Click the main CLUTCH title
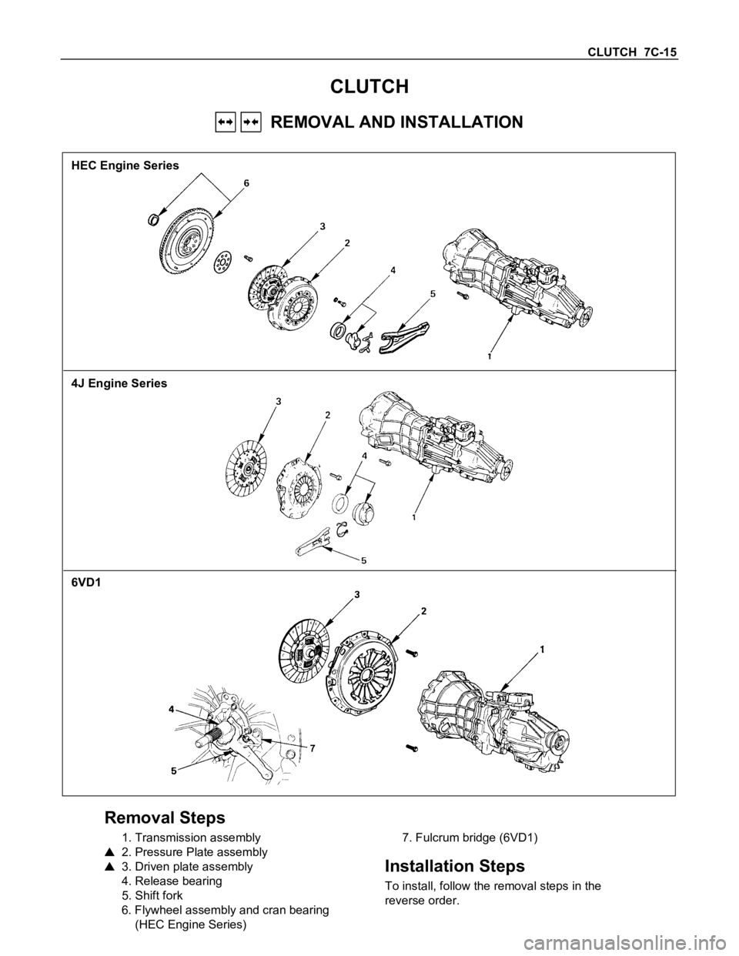click(x=369, y=87)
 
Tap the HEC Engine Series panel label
click(x=125, y=165)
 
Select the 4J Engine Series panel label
click(x=119, y=383)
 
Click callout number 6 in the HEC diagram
click(x=246, y=184)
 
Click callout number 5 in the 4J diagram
click(x=364, y=560)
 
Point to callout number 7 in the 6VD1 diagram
click(x=312, y=747)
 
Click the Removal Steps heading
click(x=165, y=817)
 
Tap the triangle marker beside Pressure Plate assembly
click(x=109, y=852)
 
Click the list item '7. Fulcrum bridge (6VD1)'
click(x=470, y=837)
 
